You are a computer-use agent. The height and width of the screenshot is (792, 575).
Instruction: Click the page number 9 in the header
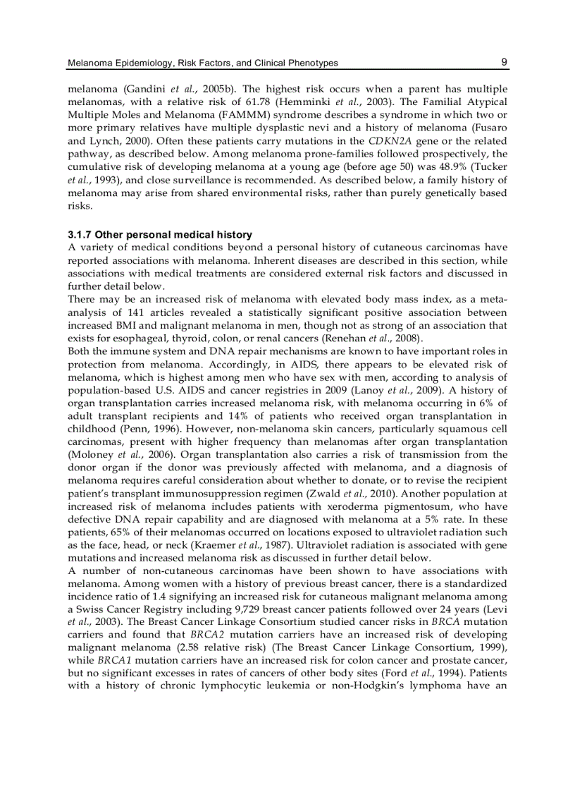click(x=505, y=62)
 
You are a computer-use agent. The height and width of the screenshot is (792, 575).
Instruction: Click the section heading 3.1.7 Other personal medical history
click(x=159, y=234)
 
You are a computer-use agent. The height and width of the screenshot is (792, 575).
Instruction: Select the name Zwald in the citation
click(x=374, y=494)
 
